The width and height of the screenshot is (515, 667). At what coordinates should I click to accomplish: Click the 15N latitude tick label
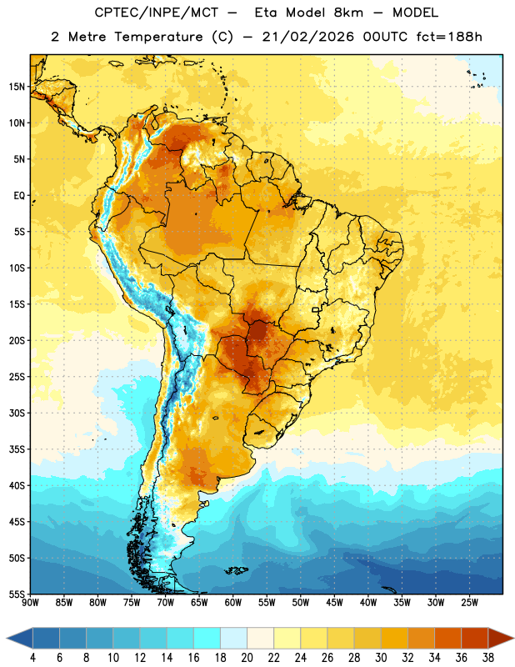click(x=17, y=87)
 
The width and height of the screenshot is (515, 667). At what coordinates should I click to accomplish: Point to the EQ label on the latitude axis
click(x=19, y=196)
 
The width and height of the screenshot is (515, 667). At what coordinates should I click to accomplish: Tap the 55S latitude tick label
click(x=17, y=594)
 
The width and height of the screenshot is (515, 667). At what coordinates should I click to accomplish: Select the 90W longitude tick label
click(x=30, y=602)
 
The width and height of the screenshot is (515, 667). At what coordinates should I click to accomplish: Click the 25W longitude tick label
click(x=469, y=602)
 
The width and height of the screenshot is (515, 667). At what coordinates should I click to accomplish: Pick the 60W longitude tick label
click(x=233, y=602)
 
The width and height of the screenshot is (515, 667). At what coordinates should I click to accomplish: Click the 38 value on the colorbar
click(x=488, y=658)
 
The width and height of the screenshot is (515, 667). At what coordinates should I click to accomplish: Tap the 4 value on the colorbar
click(x=32, y=658)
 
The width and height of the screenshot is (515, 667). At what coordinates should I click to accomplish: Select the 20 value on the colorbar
click(x=247, y=658)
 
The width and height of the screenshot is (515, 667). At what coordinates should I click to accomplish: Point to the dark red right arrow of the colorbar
click(x=500, y=638)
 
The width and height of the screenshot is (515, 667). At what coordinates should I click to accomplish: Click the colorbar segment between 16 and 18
click(x=207, y=638)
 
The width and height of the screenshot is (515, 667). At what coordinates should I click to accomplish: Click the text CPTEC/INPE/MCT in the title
click(x=157, y=13)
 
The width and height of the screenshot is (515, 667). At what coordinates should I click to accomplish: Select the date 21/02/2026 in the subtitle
click(x=308, y=37)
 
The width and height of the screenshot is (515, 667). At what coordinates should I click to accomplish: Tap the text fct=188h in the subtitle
click(x=449, y=37)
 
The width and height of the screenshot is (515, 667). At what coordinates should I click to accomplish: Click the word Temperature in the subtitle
click(x=158, y=37)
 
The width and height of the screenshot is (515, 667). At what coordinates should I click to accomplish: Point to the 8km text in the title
click(x=348, y=13)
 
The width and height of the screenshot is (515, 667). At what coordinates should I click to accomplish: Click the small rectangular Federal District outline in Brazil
click(x=316, y=309)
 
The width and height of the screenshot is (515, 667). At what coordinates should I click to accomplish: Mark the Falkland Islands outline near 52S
click(x=237, y=570)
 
